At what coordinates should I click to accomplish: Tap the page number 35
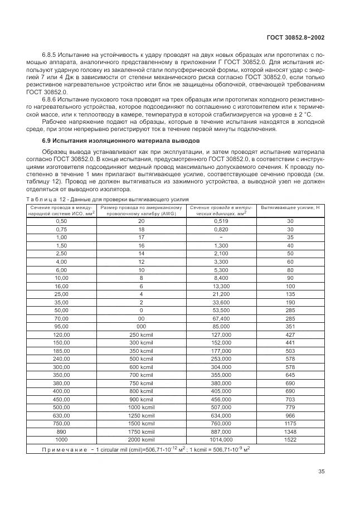[x=321, y=471]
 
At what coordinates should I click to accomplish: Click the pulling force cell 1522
[x=290, y=440]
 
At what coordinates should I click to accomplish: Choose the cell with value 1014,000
[x=219, y=440]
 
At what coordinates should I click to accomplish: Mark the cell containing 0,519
[x=219, y=221]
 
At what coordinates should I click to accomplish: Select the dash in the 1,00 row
[x=219, y=237]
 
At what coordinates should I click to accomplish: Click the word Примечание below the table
[x=65, y=449]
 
